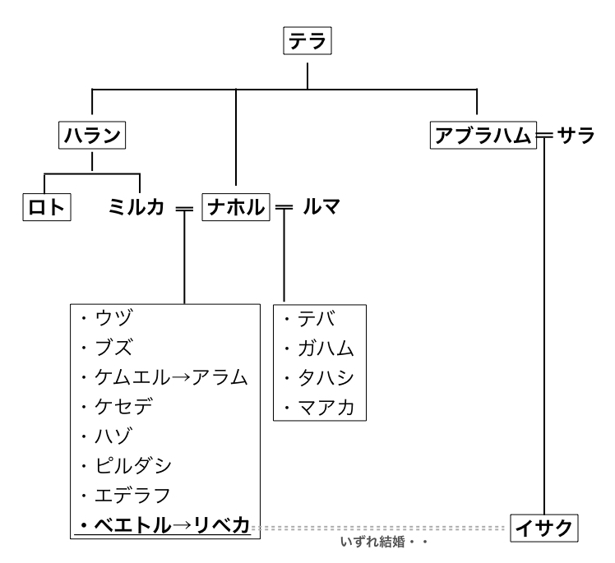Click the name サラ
point(575,136)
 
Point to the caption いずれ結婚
point(375,542)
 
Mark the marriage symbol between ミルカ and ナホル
point(184,208)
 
